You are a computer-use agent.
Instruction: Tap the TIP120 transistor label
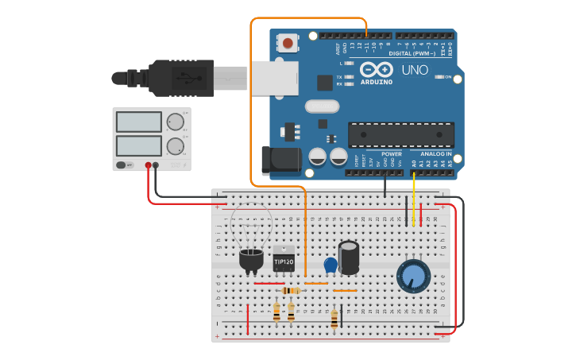point(284,261)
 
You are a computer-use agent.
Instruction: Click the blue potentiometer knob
point(413,276)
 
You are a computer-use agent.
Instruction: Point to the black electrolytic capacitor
point(348,258)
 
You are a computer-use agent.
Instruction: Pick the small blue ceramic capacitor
point(331,265)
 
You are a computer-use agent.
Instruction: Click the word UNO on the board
point(415,70)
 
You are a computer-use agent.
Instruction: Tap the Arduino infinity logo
point(377,68)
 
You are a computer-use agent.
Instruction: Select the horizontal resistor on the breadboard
point(290,291)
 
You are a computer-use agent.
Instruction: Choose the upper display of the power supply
point(139,122)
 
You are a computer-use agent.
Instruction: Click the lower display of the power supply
point(139,146)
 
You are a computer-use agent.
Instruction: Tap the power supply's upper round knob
point(175,122)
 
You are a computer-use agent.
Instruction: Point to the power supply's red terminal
point(149,165)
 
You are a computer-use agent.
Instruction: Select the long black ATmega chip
point(401,135)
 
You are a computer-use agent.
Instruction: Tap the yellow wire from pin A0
point(413,199)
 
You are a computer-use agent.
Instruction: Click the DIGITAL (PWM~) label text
point(411,53)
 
